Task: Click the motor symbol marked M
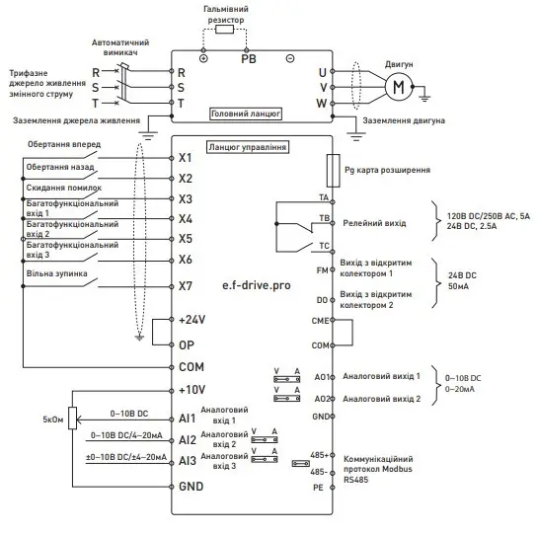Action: pyautogui.click(x=399, y=87)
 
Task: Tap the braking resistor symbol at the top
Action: pyautogui.click(x=226, y=31)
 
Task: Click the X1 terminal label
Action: pyautogui.click(x=186, y=157)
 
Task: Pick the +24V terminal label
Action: pyautogui.click(x=192, y=321)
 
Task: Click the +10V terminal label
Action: pyautogui.click(x=192, y=390)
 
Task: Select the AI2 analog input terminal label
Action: pyautogui.click(x=187, y=439)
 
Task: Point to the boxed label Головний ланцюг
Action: pyautogui.click(x=246, y=114)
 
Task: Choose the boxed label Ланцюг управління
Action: pyautogui.click(x=247, y=147)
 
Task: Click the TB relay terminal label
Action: pyautogui.click(x=324, y=218)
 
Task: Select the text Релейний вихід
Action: pyautogui.click(x=373, y=224)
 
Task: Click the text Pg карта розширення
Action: pyautogui.click(x=387, y=170)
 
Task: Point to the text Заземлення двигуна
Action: pyautogui.click(x=404, y=120)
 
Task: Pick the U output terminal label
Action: pyautogui.click(x=322, y=72)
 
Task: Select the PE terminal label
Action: pyautogui.click(x=318, y=487)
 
